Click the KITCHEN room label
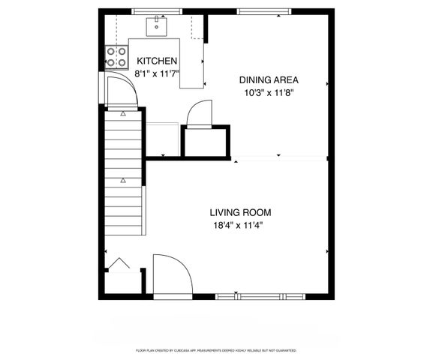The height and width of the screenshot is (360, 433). [156, 61]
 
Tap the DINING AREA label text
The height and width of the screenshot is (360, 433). [269, 80]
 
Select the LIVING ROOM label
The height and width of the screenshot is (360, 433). [240, 212]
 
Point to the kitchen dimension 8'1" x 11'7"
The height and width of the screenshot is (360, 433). [156, 74]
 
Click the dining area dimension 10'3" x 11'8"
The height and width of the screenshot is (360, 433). [269, 93]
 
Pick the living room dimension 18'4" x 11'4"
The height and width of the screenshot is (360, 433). [240, 225]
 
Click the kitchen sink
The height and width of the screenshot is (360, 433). [158, 26]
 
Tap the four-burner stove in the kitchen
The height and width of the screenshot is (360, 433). [116, 55]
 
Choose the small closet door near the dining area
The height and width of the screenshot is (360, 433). [199, 114]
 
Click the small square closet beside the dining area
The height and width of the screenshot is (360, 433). [205, 141]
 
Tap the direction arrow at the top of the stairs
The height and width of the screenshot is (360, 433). [123, 115]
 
